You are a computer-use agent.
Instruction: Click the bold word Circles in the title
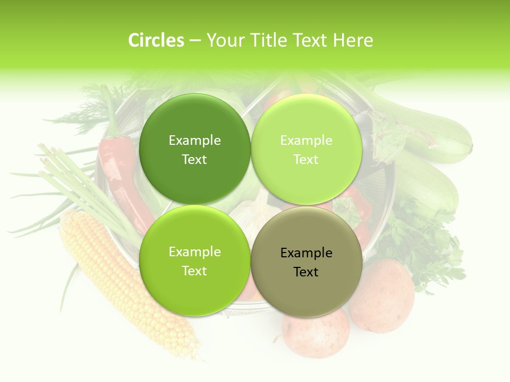click(156, 40)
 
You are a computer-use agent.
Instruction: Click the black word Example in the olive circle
click(307, 253)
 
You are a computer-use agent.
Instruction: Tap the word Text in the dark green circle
click(194, 160)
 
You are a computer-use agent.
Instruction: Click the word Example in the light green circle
click(307, 141)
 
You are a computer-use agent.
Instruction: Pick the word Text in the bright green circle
click(194, 271)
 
